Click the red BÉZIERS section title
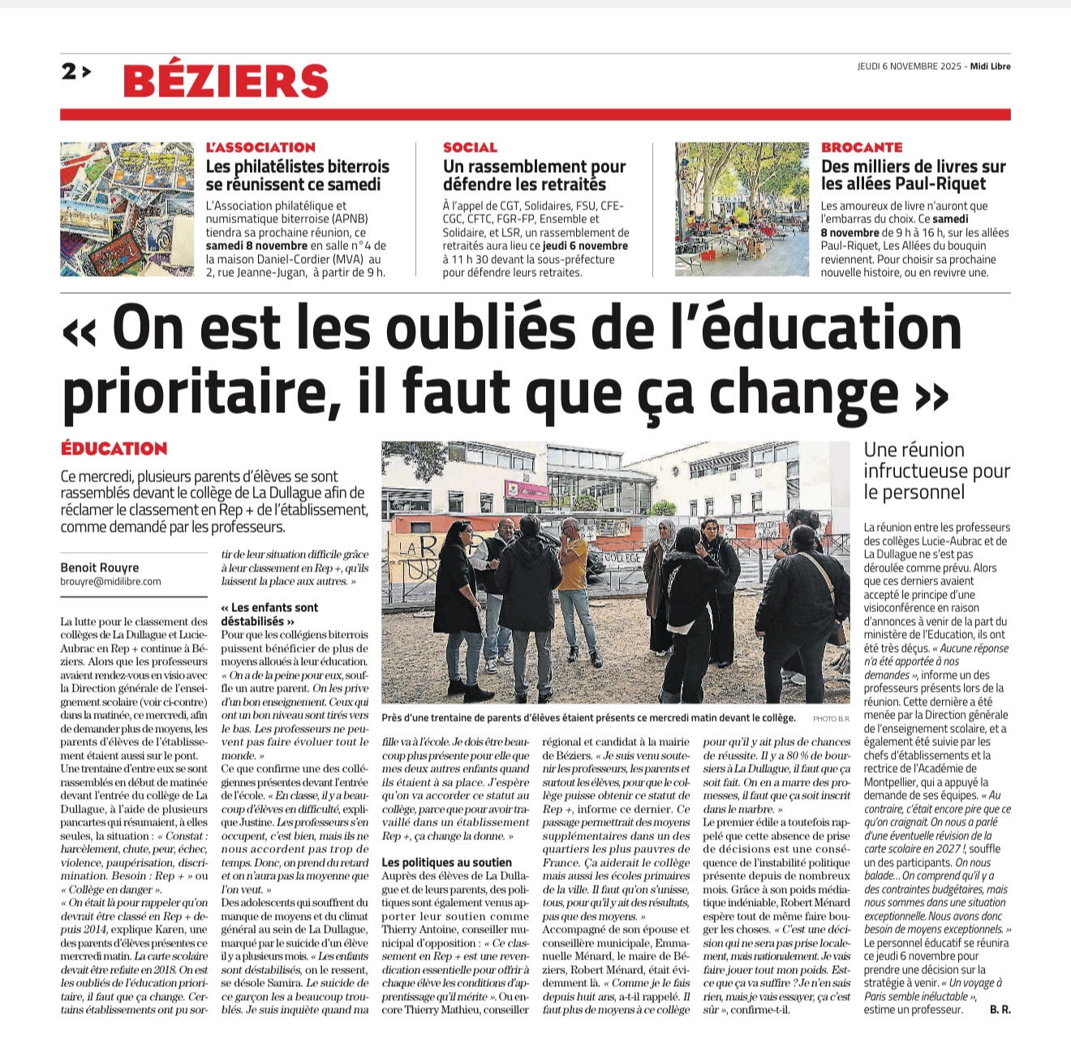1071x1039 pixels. click(x=226, y=80)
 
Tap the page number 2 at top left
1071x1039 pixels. click(x=70, y=72)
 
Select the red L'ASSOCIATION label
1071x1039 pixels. click(x=260, y=147)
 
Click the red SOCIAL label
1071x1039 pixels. click(x=470, y=147)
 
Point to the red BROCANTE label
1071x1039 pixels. click(x=862, y=147)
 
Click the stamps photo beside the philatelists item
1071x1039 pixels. click(x=127, y=209)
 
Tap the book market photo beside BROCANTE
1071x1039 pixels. click(x=742, y=209)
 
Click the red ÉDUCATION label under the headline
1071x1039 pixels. click(x=114, y=449)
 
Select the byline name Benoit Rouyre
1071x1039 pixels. click(x=100, y=567)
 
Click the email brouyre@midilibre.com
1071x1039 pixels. click(x=110, y=581)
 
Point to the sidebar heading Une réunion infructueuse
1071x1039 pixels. click(x=936, y=471)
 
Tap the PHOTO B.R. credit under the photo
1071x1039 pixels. click(x=831, y=718)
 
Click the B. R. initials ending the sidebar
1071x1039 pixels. click(x=1000, y=1010)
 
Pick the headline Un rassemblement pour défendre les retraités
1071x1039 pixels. click(x=534, y=175)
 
